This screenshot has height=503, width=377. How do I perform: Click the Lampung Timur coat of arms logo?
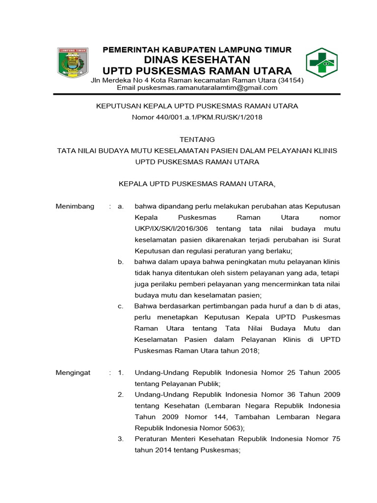[73, 62]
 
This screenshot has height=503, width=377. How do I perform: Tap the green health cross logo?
[323, 63]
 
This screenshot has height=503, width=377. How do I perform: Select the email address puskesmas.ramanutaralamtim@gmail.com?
[197, 88]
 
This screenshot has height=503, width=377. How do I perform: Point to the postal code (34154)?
[291, 80]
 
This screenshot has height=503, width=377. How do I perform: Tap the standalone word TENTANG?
[197, 140]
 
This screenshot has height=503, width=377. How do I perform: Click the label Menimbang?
[75, 206]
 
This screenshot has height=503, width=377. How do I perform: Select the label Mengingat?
[73, 373]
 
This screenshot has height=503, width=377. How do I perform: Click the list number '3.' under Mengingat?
[121, 439]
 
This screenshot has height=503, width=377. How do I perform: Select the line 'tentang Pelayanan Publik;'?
[178, 384]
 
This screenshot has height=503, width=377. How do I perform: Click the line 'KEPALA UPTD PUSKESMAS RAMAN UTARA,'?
[197, 184]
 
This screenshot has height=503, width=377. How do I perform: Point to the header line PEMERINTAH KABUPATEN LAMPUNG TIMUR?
[197, 50]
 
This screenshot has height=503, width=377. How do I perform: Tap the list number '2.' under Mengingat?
[121, 395]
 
